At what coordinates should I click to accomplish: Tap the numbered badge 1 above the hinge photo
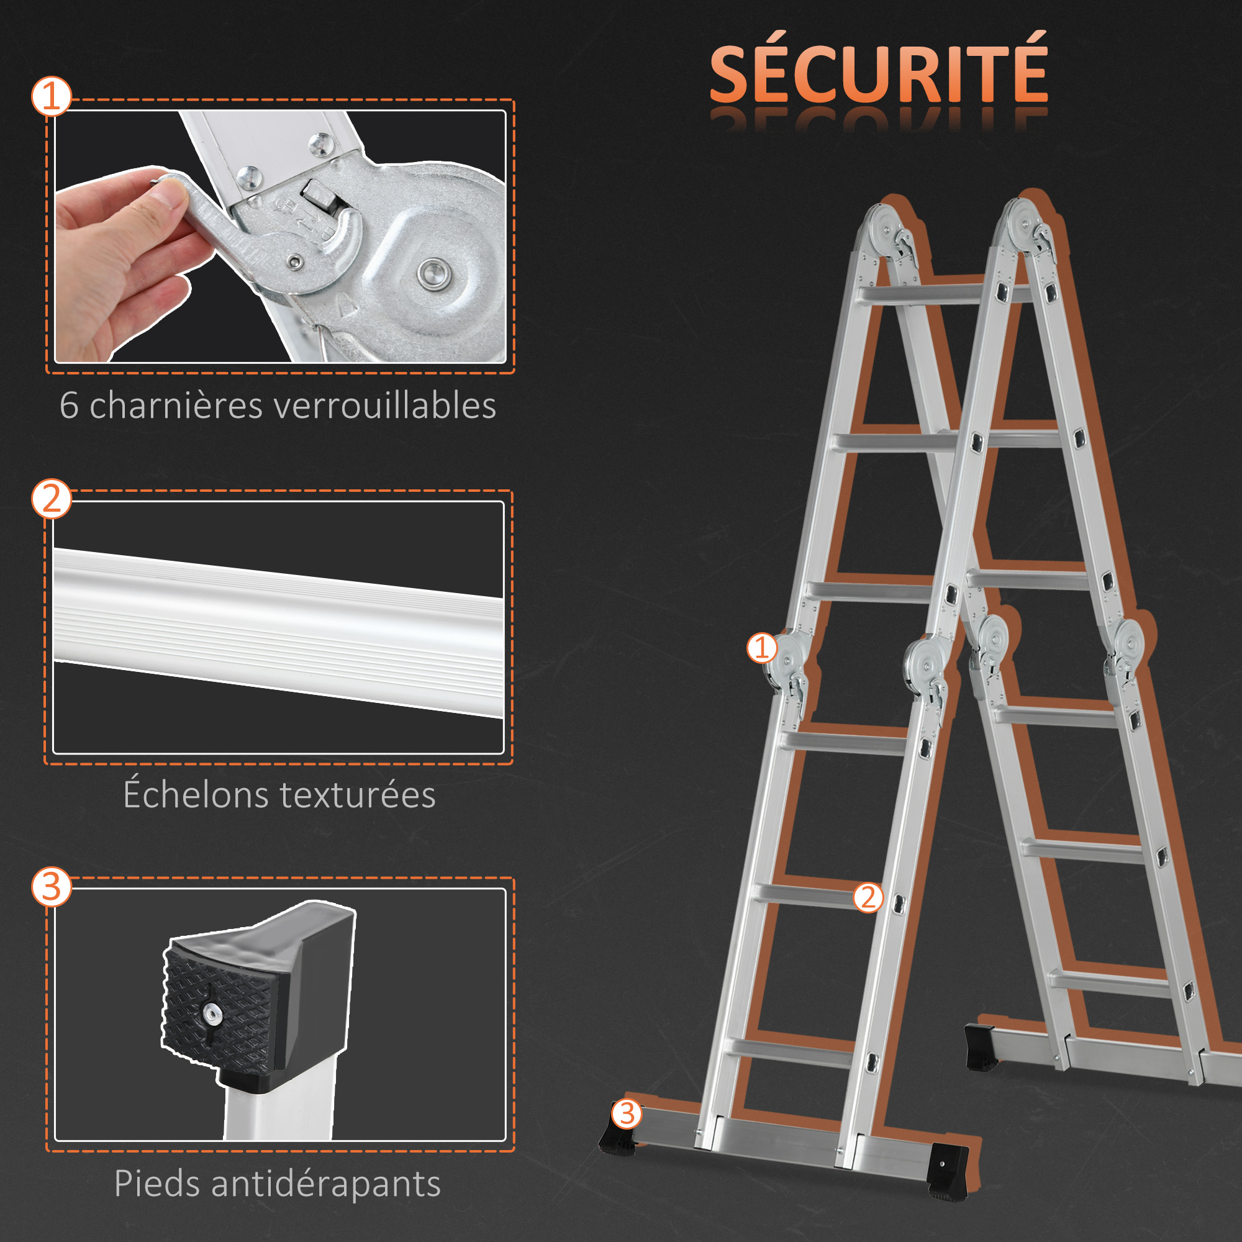click(x=52, y=96)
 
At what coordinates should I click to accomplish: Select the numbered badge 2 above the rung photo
click(x=52, y=498)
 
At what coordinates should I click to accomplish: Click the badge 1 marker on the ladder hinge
click(x=762, y=647)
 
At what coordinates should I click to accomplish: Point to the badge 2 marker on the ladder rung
click(x=869, y=897)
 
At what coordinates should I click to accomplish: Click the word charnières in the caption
click(x=176, y=406)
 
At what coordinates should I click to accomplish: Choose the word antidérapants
click(x=326, y=1184)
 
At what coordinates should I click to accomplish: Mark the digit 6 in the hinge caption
click(x=69, y=406)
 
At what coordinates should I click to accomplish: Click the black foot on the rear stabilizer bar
click(x=981, y=1047)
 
